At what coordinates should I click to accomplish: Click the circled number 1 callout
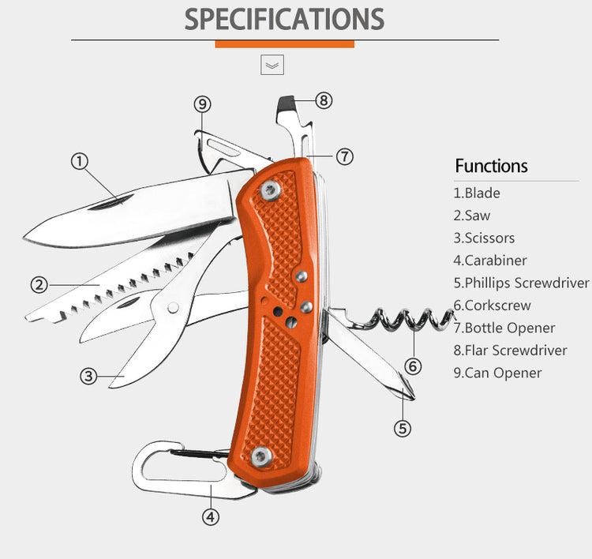[79, 161]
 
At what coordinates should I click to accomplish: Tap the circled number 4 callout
[211, 517]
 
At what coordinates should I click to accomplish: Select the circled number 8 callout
[324, 100]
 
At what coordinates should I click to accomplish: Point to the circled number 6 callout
[413, 366]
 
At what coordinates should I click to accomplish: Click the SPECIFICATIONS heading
[284, 19]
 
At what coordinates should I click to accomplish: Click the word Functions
[491, 166]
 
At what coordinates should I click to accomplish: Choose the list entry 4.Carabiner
[489, 260]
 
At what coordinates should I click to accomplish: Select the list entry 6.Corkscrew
[492, 305]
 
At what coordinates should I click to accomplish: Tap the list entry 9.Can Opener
[497, 373]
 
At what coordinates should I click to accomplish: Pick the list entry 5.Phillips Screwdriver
[521, 283]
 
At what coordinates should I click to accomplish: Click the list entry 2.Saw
[472, 215]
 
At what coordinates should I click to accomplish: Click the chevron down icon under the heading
[272, 66]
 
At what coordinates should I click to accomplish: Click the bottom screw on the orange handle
[260, 455]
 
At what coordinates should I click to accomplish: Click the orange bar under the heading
[284, 44]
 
